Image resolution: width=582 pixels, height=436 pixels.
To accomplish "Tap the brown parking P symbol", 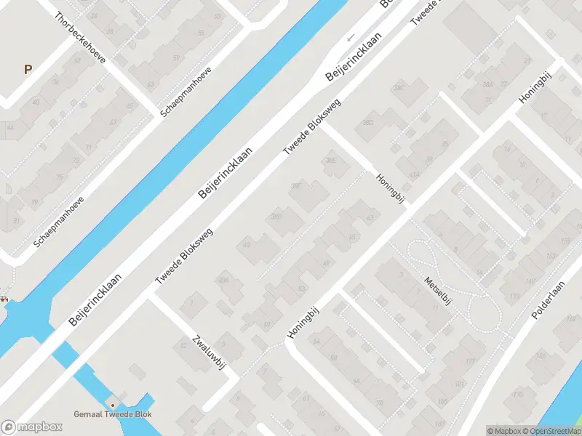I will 28,70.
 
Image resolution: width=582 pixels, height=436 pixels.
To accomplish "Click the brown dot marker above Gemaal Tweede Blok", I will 112,405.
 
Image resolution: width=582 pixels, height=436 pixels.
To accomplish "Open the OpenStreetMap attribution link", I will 550,431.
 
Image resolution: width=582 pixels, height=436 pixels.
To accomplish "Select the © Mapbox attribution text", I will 502,431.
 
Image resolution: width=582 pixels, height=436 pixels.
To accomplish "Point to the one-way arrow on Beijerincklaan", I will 351,36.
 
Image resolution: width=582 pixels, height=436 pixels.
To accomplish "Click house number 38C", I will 399,89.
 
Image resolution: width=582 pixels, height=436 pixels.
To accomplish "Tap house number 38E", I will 332,161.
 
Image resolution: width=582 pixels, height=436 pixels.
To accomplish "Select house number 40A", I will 224,280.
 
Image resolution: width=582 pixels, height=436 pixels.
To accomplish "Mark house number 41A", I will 413,175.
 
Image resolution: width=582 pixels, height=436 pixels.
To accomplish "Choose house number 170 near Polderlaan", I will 518,395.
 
